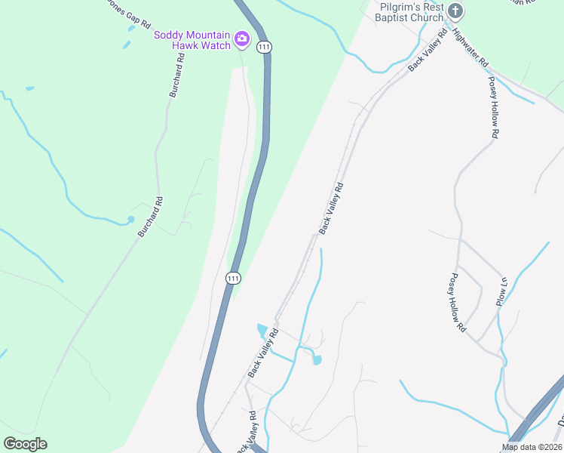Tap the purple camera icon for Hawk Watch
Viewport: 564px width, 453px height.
242,39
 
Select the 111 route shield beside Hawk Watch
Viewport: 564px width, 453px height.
263,47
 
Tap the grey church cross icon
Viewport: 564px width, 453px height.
455,11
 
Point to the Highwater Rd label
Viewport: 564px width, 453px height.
471,48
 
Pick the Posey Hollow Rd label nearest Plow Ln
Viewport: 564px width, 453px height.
457,303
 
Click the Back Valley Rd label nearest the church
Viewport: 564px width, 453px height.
428,52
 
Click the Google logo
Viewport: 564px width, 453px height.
25,444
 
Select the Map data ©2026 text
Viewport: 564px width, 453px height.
531,447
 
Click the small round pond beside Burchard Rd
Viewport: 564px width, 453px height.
130,220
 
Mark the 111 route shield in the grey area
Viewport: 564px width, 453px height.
233,279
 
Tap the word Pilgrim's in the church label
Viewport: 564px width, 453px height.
400,7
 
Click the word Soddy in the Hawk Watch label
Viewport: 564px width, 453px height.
167,35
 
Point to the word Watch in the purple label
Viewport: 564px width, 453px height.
215,45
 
